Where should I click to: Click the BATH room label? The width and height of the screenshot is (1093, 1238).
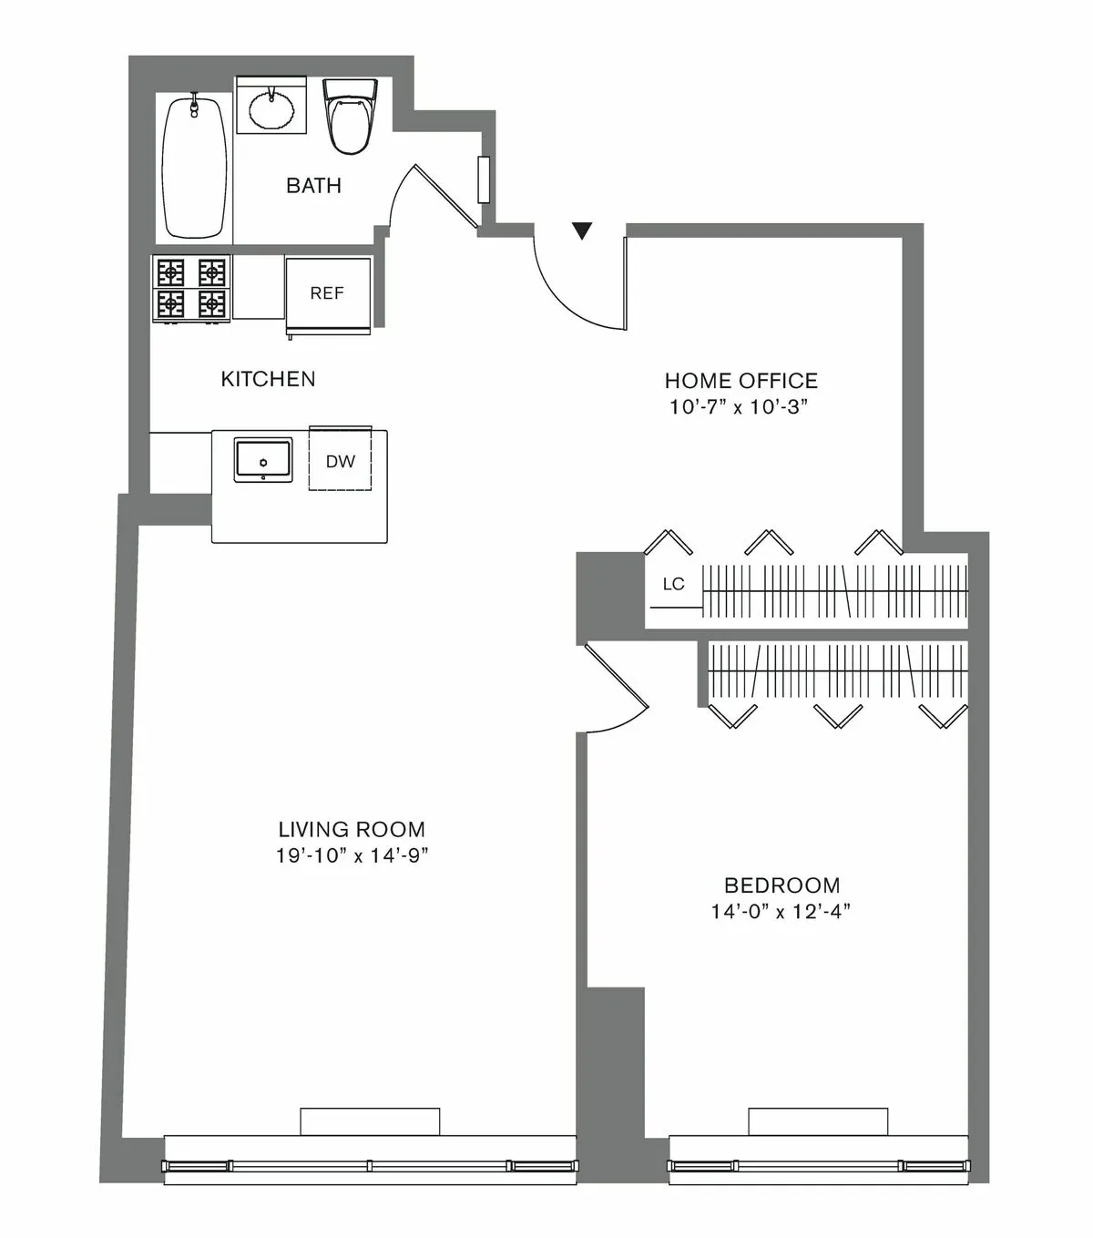coord(313,185)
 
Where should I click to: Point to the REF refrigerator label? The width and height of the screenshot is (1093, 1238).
coord(327,293)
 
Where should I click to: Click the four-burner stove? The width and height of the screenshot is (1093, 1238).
coord(191,287)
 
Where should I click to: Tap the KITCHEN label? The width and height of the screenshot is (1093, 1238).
coord(268,379)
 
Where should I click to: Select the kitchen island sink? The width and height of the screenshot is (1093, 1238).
coord(263,459)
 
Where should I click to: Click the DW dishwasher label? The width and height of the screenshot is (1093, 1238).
coord(341,462)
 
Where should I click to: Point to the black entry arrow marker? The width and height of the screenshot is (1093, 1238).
coord(582,231)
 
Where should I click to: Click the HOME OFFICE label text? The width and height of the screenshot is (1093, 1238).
coord(741,381)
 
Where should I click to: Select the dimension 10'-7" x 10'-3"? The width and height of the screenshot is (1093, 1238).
coord(740,407)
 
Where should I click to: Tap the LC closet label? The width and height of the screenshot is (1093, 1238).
coord(673,584)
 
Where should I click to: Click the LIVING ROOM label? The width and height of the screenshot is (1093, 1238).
coord(352,830)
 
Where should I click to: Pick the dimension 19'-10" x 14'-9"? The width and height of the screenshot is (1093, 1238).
coord(352,856)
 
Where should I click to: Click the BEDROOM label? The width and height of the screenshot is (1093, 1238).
coord(781,885)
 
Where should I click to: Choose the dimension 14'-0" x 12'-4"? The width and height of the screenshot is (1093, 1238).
coord(781,911)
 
